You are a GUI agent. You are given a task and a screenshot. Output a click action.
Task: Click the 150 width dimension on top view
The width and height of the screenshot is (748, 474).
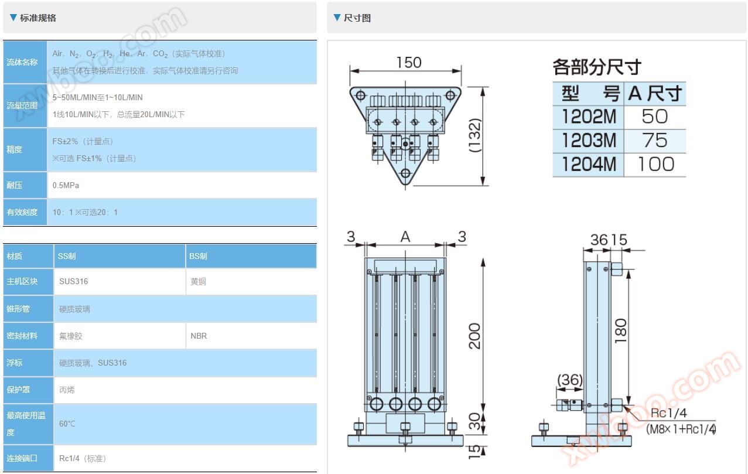409,63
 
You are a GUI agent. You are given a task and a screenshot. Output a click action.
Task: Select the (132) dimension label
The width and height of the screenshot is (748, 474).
475,135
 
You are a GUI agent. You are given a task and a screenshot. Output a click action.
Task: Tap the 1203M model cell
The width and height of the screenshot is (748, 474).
589,140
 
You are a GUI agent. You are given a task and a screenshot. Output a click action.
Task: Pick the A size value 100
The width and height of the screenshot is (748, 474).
656,164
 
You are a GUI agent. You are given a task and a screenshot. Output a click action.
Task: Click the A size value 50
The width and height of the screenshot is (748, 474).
654,116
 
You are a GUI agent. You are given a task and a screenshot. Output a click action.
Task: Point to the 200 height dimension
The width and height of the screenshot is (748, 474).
474,336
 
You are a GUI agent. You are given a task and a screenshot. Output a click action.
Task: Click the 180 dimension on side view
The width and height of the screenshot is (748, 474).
621,330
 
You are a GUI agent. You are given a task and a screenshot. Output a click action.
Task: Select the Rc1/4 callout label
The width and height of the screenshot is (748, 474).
668,413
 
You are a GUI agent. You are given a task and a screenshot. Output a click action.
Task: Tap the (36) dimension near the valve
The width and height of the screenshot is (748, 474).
570,380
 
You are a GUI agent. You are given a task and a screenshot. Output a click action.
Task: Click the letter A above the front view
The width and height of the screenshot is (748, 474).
405,237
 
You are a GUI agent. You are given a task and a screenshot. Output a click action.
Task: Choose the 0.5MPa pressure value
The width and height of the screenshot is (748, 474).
66,185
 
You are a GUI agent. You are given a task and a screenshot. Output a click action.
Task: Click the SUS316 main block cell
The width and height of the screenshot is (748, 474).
73,281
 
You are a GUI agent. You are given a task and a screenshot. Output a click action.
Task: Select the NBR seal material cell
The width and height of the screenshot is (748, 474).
199,336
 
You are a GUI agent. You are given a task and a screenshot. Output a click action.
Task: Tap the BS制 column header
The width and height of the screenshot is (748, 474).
198,256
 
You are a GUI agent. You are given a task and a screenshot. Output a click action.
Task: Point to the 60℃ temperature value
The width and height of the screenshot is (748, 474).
67,424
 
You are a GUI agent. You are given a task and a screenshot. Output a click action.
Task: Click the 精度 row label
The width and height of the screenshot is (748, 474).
15,149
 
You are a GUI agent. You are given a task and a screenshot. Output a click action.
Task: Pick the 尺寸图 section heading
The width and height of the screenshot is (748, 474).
357,18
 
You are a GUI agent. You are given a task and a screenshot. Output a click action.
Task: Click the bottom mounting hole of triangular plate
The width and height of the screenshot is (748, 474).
405,173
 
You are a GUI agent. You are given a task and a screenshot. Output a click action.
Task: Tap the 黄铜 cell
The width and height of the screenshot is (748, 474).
199,281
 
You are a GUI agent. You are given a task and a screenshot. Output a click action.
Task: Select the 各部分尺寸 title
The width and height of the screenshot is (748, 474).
597,67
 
